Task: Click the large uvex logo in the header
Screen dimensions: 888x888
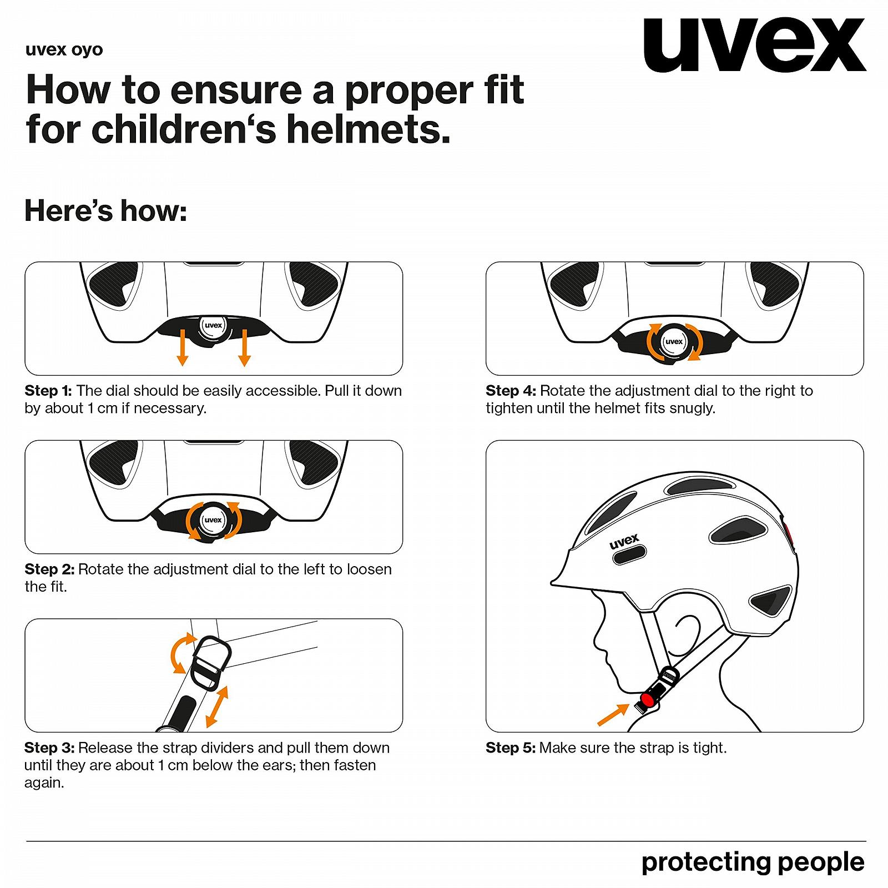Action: point(754,45)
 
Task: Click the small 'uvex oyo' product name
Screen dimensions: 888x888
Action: point(64,50)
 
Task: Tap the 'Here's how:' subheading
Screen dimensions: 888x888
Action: point(105,211)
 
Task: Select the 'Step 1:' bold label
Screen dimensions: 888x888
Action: point(48,391)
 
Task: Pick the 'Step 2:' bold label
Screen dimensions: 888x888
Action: point(49,569)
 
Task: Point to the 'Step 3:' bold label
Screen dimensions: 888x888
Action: point(49,748)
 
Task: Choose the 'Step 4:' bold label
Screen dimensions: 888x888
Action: point(511,391)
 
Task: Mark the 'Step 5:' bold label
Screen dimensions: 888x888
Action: point(511,748)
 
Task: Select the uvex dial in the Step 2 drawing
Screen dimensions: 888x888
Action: point(213,521)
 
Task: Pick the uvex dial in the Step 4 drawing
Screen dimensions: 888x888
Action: point(674,341)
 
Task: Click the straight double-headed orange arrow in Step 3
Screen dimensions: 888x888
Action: point(216,707)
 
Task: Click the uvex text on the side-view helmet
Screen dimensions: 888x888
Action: point(624,541)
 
